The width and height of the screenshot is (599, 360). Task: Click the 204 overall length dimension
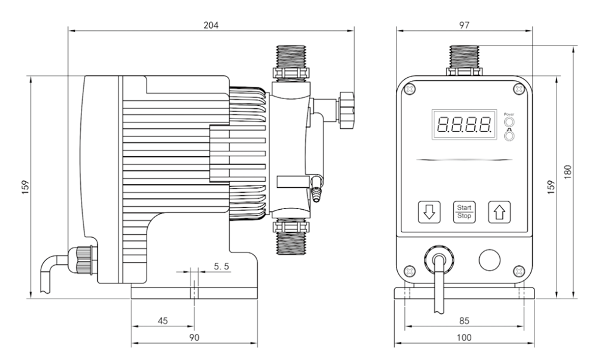[x=211, y=25]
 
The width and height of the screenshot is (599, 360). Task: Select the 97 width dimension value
[x=464, y=25]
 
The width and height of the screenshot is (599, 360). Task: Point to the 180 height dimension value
[x=567, y=172]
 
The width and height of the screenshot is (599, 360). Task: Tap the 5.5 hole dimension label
[x=221, y=266]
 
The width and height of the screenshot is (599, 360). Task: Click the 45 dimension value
[x=163, y=320]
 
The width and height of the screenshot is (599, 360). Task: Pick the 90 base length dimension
[x=194, y=337]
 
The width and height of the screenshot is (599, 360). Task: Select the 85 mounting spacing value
[x=464, y=320]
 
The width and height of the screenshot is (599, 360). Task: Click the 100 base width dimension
[x=464, y=337]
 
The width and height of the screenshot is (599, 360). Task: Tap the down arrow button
[x=429, y=212]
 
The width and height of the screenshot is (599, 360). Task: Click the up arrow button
[x=499, y=212]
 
